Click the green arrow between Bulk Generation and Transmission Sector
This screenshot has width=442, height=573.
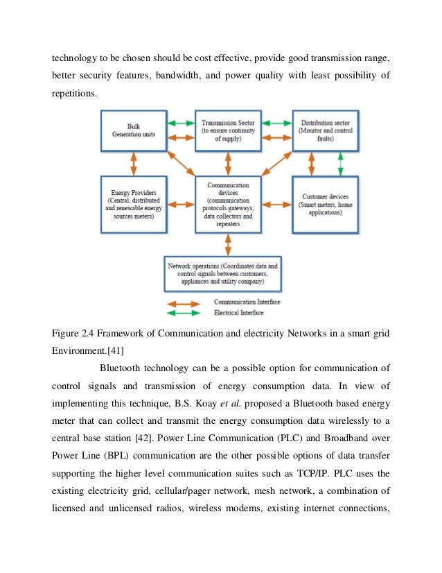pos(181,123)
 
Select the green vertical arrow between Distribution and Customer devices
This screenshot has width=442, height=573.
pos(340,164)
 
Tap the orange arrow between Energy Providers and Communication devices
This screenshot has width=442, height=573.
pos(181,205)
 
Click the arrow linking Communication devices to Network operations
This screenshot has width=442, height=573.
pos(228,243)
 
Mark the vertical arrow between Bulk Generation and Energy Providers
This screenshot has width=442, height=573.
pos(133,164)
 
